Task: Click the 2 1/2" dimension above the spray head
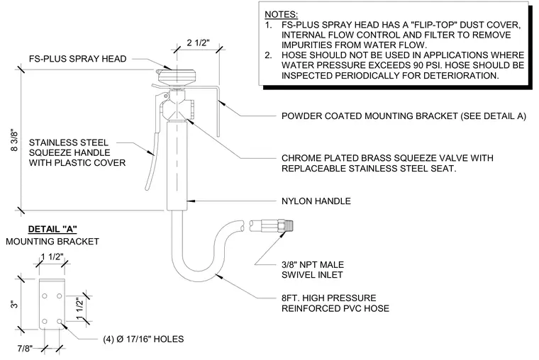point(198,43)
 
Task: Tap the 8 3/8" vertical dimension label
point(14,140)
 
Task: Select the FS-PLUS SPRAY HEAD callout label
point(78,59)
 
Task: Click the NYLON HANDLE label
point(316,201)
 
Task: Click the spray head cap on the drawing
point(176,75)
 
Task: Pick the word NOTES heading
point(281,14)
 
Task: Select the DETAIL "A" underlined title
point(52,229)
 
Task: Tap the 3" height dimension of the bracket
point(14,304)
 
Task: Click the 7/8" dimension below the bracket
point(25,349)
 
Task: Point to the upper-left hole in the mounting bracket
point(45,296)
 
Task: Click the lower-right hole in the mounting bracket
point(60,321)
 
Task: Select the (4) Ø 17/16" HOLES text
point(143,339)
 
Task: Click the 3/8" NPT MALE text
point(313,264)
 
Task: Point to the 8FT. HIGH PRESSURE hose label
point(328,298)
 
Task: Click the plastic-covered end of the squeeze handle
point(151,162)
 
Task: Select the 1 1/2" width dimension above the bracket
point(52,257)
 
